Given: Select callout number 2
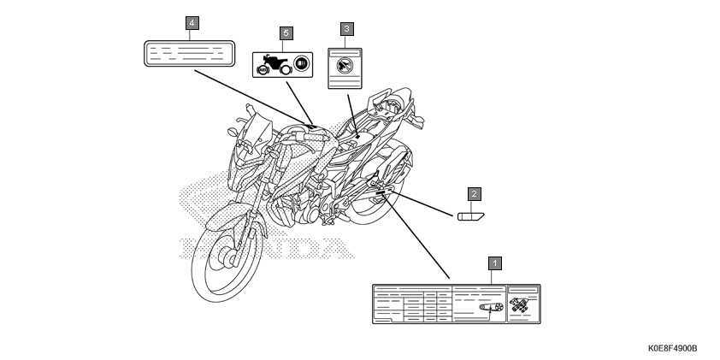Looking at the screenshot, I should click(472, 194).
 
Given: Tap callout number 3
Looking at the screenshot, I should click(345, 29).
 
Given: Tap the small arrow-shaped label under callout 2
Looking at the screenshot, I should click(470, 215).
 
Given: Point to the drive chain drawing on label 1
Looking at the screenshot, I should click(490, 308).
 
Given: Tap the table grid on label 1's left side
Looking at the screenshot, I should click(411, 304).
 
